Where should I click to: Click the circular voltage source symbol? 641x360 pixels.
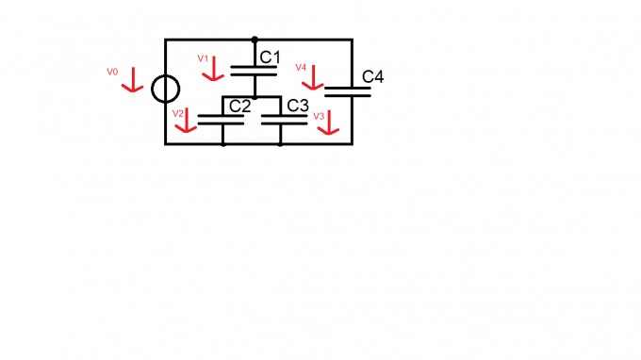(x=152, y=90)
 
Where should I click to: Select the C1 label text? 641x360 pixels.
(x=270, y=57)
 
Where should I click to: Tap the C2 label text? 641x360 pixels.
(x=240, y=106)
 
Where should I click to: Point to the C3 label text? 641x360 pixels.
(x=298, y=106)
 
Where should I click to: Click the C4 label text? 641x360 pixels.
(x=373, y=77)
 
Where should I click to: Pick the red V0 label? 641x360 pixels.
(x=112, y=72)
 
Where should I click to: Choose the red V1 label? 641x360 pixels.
(x=203, y=58)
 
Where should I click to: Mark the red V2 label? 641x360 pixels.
(x=178, y=114)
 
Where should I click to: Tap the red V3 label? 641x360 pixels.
(x=319, y=116)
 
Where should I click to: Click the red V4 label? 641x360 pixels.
(x=301, y=68)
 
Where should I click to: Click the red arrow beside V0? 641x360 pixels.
(x=133, y=80)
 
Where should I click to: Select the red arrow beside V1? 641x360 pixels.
(x=214, y=69)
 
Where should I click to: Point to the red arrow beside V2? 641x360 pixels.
(x=187, y=120)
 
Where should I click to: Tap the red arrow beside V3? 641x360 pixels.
(x=329, y=123)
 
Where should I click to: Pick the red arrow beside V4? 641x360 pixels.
(x=313, y=77)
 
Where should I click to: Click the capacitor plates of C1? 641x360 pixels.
(x=254, y=71)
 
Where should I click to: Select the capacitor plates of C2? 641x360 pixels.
(x=221, y=120)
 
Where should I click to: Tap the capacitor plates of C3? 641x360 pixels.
(x=284, y=120)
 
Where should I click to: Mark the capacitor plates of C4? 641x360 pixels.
(x=348, y=91)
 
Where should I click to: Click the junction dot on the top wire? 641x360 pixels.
(x=255, y=40)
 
